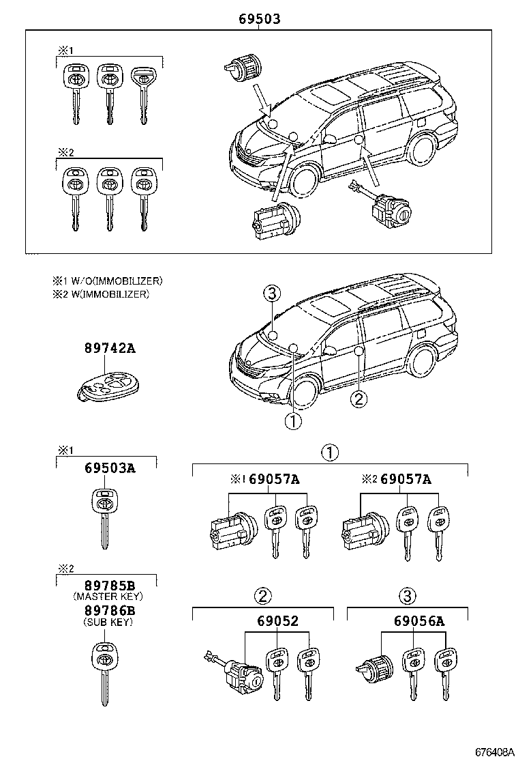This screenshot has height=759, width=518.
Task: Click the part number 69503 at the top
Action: pyautogui.click(x=259, y=20)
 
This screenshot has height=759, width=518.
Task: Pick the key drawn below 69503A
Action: pyautogui.click(x=104, y=518)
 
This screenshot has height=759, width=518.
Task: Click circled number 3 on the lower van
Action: pyautogui.click(x=271, y=294)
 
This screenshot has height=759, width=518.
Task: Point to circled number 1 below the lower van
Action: pyautogui.click(x=292, y=421)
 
